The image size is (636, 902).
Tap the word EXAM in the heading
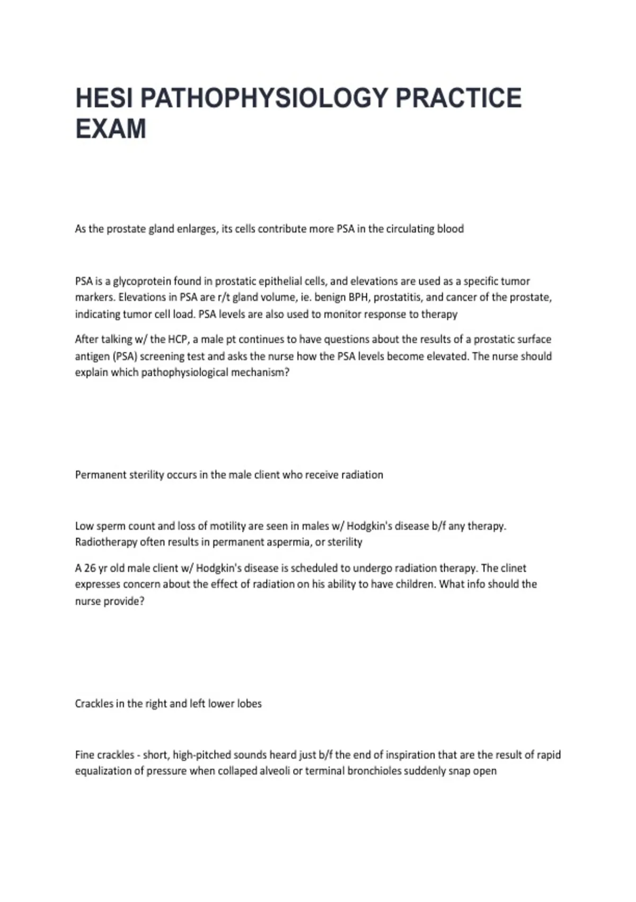[111, 129]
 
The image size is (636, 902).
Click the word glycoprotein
[142, 281]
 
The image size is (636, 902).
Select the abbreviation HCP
[178, 339]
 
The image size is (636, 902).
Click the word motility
[227, 526]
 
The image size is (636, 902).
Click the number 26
[90, 568]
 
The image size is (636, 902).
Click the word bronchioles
[374, 770]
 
